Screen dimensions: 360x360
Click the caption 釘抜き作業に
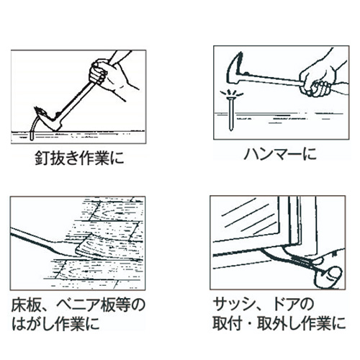79,158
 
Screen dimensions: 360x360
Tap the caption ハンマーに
280,154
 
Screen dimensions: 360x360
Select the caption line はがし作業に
55,323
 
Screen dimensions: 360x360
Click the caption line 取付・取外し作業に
279,323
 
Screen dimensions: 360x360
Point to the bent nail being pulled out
33,128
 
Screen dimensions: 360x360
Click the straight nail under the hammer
231,113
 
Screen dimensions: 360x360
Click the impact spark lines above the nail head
231,92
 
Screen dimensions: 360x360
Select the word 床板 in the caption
26,305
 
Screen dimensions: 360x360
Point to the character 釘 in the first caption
42,158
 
